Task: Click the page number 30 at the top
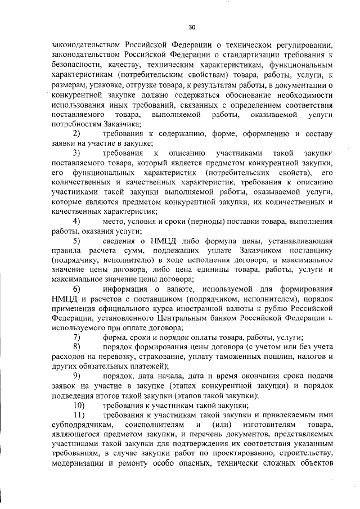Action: click(191, 26)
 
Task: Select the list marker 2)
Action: click(77, 134)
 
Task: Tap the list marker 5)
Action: click(77, 241)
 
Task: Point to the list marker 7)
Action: click(77, 337)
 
